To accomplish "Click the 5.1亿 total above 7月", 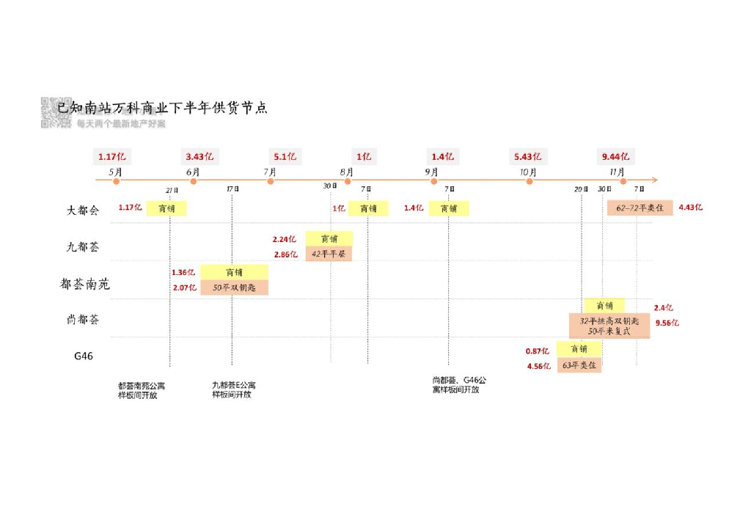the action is pos(285,156).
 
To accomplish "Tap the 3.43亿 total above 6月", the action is pos(199,156).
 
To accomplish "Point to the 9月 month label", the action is pos(431,172).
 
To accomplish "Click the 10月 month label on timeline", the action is pos(528,172).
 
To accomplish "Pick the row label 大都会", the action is pos(82,210).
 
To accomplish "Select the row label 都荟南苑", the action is pos(84,284).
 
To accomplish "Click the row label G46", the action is pos(83,356).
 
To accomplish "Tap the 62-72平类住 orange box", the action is pos(640,208).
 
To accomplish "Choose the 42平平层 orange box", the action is pos(328,254).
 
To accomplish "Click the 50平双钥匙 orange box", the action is pos(234,288).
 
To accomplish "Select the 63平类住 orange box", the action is pos(579,365).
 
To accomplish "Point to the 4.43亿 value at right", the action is pos(690,208).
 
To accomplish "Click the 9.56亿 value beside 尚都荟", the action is pos(667,323).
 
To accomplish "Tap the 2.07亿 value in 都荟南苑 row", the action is pos(183,288).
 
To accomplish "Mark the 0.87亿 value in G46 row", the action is pos(537,351).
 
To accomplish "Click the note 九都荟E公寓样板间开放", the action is pos(233,389).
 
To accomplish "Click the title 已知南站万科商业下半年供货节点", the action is pos(163,108).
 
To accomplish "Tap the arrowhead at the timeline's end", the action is pos(654,180).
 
